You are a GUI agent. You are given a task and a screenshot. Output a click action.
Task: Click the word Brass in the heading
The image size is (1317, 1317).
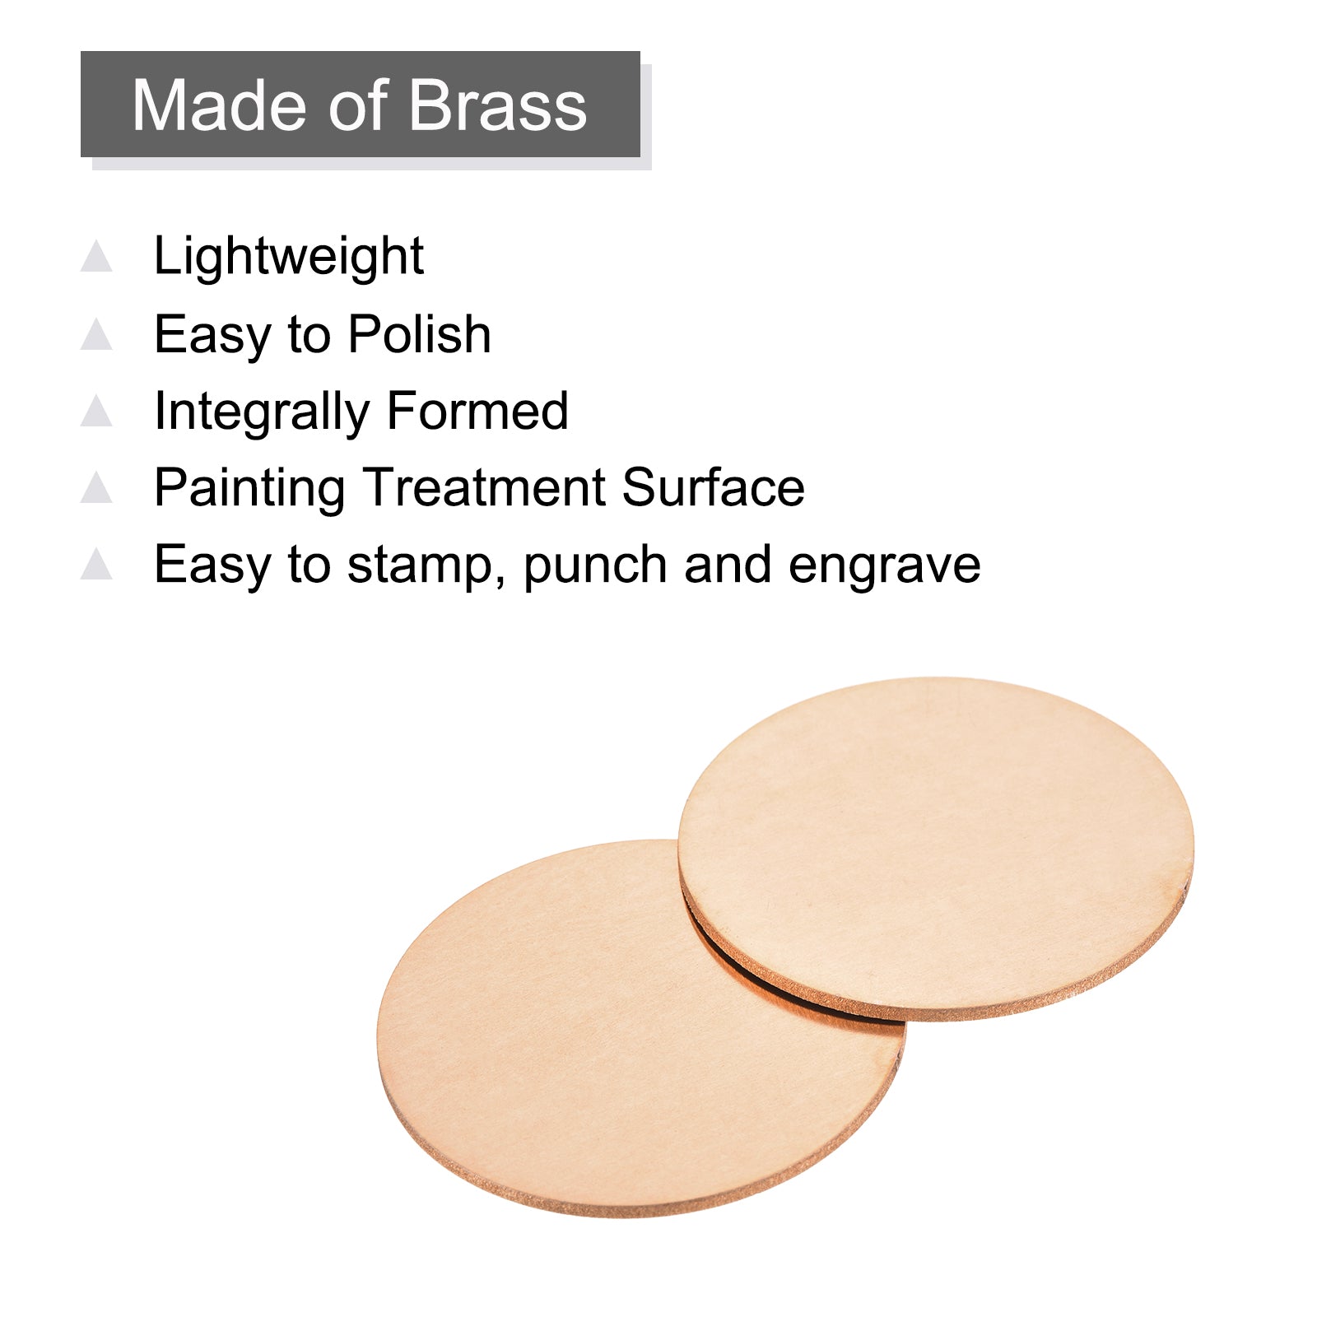(497, 105)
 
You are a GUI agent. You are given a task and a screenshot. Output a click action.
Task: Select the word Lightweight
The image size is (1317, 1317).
(289, 257)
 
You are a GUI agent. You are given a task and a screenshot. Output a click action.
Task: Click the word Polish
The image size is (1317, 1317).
(420, 334)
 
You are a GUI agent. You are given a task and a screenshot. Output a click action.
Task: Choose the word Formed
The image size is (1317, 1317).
(477, 411)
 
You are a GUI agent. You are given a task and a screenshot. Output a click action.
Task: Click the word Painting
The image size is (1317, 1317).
(249, 489)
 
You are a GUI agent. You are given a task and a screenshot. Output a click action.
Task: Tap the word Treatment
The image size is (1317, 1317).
(483, 487)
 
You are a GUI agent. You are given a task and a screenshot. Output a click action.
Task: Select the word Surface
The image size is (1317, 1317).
(713, 487)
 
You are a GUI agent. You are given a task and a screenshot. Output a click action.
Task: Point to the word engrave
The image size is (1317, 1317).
(884, 566)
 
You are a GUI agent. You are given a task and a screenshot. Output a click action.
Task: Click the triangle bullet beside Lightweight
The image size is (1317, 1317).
(96, 255)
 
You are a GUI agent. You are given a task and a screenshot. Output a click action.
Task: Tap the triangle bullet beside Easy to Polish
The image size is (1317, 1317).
(96, 333)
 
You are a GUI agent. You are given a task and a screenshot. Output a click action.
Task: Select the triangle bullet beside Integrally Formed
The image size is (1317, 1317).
(96, 410)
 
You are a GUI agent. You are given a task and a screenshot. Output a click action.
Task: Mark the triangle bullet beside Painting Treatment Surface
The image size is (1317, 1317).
(96, 486)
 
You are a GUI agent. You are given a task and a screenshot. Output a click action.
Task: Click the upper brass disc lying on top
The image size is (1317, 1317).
(936, 848)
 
